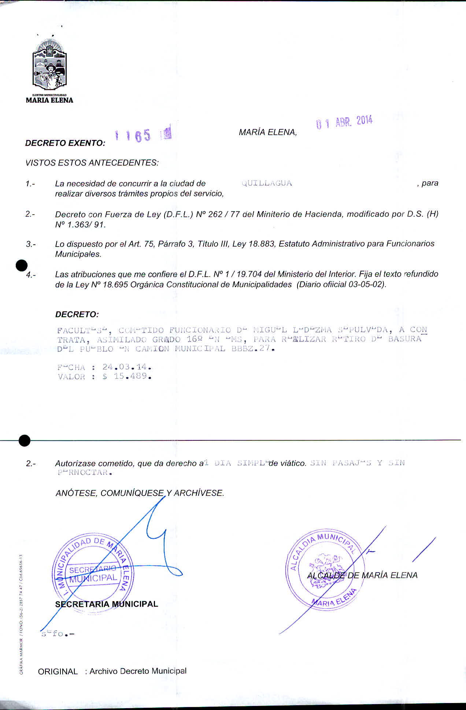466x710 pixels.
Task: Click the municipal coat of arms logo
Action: tap(49, 66)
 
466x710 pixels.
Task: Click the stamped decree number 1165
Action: tap(133, 136)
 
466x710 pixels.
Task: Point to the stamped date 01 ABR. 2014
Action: tap(344, 122)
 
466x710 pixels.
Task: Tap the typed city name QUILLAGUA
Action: tap(267, 184)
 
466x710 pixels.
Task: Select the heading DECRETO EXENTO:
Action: tap(65, 143)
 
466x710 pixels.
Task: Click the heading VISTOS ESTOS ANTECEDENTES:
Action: tap(92, 163)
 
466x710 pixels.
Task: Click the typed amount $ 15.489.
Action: tap(127, 376)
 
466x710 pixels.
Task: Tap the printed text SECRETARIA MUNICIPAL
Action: tap(106, 604)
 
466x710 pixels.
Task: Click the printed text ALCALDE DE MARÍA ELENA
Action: tap(362, 575)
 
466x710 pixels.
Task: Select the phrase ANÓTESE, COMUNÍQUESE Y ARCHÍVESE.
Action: tap(140, 493)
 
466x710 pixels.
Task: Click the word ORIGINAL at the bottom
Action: tap(58, 672)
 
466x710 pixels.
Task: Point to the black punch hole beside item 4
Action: tap(22, 265)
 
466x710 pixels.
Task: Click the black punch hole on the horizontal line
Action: tap(24, 440)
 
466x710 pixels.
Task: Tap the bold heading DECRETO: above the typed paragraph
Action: tap(77, 314)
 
